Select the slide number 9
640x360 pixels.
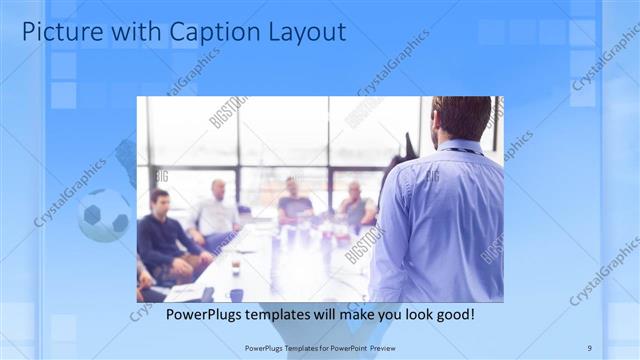[589, 347]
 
